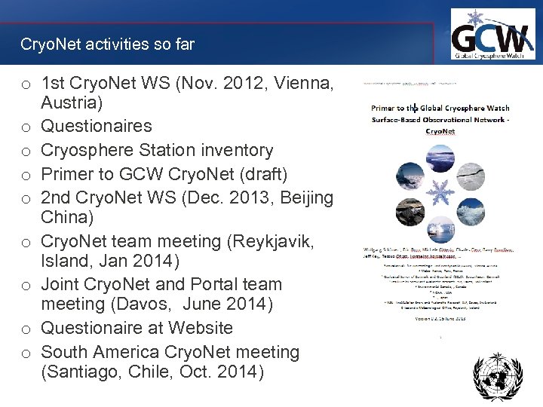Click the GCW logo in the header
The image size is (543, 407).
click(492, 35)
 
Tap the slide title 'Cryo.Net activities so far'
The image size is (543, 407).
click(107, 44)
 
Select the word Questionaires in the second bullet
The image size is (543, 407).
click(97, 126)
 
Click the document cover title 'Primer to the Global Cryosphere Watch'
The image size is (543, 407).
click(440, 108)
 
